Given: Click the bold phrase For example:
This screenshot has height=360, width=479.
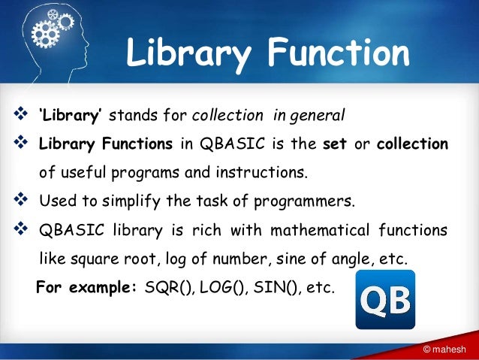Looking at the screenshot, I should tap(86, 287).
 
